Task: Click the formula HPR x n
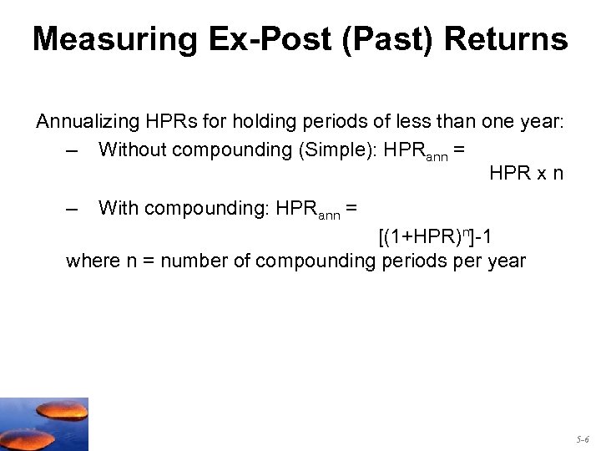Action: coord(526,174)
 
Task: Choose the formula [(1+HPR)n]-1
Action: coord(435,237)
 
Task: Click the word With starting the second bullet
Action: coord(117,208)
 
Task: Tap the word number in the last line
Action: coord(199,261)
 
